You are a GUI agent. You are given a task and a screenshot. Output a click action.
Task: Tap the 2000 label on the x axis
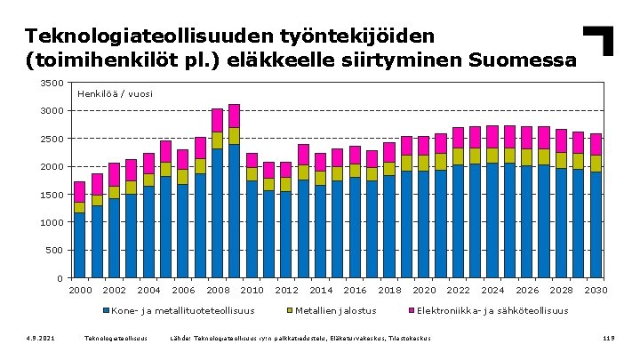click(x=80, y=290)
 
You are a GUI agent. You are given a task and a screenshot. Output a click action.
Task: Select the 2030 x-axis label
click(x=596, y=290)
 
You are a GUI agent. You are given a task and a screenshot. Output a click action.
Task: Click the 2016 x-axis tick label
click(x=355, y=290)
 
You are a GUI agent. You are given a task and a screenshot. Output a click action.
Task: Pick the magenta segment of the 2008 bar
click(x=217, y=120)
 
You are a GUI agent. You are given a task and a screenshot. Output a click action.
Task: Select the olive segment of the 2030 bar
click(x=596, y=164)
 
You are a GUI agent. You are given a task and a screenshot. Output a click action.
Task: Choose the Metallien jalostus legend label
click(x=337, y=311)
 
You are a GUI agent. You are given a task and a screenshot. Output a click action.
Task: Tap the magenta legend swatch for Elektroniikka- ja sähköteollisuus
click(x=410, y=311)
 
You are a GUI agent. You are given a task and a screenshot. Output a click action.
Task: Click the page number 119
click(x=609, y=339)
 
